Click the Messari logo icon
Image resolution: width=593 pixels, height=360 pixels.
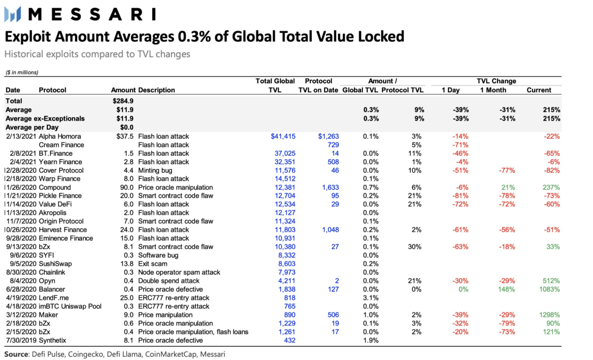tap(12, 14)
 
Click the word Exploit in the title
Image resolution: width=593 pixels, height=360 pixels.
tap(28, 37)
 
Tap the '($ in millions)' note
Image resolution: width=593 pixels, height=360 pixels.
tap(22, 72)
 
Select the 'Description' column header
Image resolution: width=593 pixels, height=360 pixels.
tap(157, 90)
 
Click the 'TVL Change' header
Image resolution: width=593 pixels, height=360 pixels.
tap(496, 81)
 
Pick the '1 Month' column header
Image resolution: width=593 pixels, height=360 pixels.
tap(493, 90)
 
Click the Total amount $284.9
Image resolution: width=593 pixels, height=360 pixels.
tap(123, 101)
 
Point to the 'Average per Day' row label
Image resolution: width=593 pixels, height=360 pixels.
tap(32, 127)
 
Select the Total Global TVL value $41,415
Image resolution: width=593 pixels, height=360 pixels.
tap(283, 136)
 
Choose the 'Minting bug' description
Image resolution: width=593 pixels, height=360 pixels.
tap(155, 170)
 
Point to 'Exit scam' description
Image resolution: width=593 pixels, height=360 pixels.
tap(153, 264)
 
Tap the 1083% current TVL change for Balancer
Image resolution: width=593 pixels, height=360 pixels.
tap(549, 289)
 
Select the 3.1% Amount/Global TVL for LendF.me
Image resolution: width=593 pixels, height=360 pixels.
tap(371, 298)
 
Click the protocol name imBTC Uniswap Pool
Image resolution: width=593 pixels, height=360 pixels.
tap(70, 306)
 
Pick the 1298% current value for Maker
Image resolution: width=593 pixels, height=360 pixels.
tap(549, 315)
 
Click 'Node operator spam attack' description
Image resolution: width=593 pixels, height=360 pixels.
tap(179, 272)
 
